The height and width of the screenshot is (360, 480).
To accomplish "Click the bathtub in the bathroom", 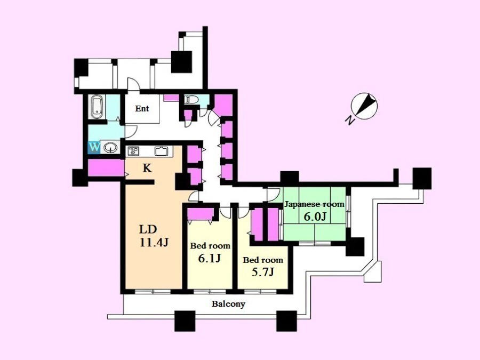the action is pos(97,107).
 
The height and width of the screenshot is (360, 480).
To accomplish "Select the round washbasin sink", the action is pos(110,148).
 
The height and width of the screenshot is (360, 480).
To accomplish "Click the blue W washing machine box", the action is pos(94,148).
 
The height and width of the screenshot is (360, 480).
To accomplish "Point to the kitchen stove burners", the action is pos(133,150).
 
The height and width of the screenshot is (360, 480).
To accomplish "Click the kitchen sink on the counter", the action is pos(161,150).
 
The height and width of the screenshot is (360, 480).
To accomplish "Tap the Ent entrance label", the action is pos(142,108).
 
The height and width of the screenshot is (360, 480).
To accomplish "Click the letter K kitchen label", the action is pos(147,168).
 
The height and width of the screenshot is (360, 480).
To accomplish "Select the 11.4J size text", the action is pos(154,243).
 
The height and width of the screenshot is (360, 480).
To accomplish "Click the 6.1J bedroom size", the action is pos(210,258).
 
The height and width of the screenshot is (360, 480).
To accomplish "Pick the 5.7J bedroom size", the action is pos(262,272).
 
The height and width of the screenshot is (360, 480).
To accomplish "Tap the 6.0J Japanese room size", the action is pos(315,217).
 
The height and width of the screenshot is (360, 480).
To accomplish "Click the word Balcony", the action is pos(229,304).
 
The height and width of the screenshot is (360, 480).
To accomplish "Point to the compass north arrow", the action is pos(364,106).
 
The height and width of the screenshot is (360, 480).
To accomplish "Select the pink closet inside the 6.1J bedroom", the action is pos(200,214).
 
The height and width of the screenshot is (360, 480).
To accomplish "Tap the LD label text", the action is pos(148,229).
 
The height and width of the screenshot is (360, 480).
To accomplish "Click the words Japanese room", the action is pos(314,204).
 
